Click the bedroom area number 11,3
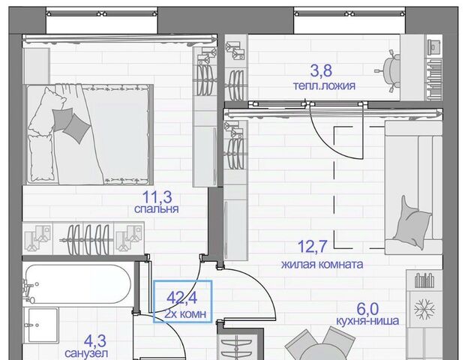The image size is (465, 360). (157, 196)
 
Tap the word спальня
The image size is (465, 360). (156, 209)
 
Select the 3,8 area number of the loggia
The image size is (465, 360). (321, 70)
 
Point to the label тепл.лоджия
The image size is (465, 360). (324, 86)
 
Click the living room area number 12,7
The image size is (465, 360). (312, 247)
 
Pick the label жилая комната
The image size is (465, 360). (322, 264)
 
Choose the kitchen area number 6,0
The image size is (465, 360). (367, 309)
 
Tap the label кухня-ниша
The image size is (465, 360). (367, 321)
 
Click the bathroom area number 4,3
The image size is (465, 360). (95, 341)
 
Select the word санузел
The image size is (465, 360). (86, 353)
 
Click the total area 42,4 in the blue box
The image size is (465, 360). (181, 298)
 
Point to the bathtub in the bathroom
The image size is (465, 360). (77, 284)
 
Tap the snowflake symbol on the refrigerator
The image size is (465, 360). (424, 309)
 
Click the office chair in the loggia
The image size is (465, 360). (388, 71)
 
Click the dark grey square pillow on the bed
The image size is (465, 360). (76, 128)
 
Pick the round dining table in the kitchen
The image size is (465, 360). (322, 353)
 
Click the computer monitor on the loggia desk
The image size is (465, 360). (435, 45)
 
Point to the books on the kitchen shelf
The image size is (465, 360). (424, 280)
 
